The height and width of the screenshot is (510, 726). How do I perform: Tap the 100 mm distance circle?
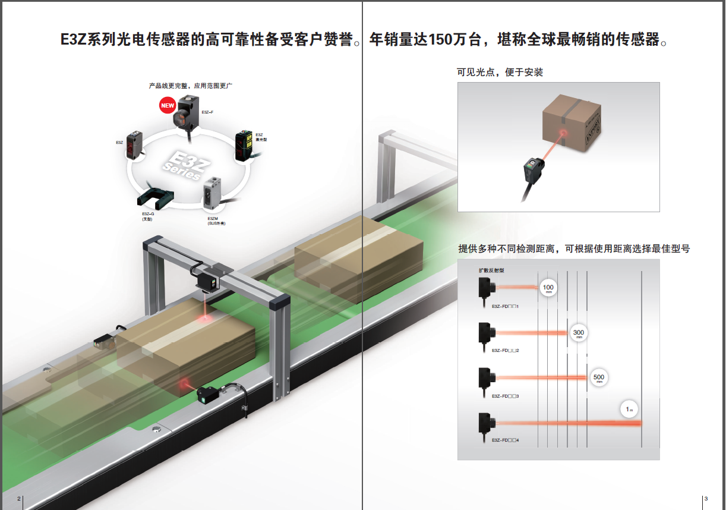click(548, 289)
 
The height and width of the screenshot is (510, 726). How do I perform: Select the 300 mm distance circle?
click(578, 333)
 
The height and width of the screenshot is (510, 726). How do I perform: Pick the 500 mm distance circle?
click(599, 378)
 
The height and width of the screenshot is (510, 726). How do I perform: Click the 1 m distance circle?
click(630, 410)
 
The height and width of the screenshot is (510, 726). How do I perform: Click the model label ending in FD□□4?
click(506, 440)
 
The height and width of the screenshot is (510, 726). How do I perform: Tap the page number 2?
click(19, 498)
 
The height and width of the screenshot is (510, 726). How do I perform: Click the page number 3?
click(706, 498)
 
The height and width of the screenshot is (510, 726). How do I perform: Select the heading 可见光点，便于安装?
click(500, 73)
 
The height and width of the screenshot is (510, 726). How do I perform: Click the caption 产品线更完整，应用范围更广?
click(190, 86)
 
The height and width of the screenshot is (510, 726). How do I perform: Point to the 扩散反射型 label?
click(491, 270)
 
